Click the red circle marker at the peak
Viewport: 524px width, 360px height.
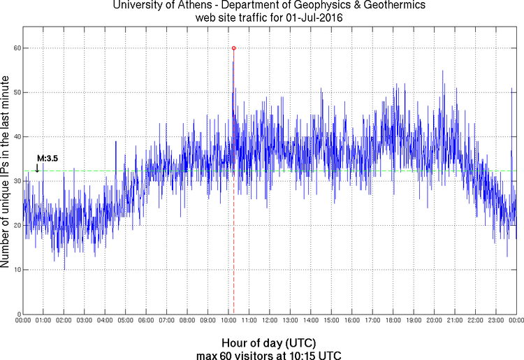233,48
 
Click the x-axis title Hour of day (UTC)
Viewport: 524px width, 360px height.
269,343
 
